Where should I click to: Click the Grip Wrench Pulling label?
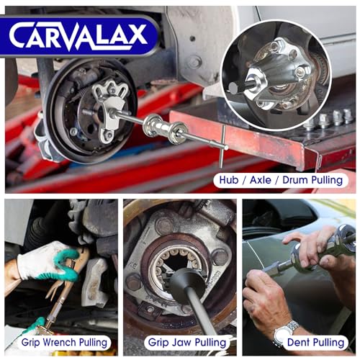66,343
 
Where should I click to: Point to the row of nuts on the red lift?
328,119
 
